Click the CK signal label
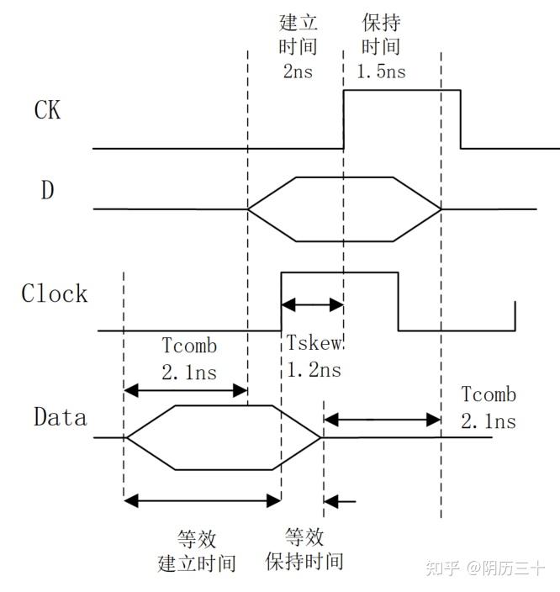(x=47, y=110)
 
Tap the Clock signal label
(x=55, y=293)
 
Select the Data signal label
(x=60, y=416)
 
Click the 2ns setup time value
(x=297, y=71)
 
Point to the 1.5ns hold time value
(x=381, y=71)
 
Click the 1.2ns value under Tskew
(x=314, y=370)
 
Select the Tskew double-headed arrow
(x=312, y=304)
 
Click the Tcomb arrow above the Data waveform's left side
(x=185, y=390)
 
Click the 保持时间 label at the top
(x=381, y=34)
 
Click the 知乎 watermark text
(x=442, y=569)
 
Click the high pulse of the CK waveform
(x=402, y=91)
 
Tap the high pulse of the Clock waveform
(x=339, y=273)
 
